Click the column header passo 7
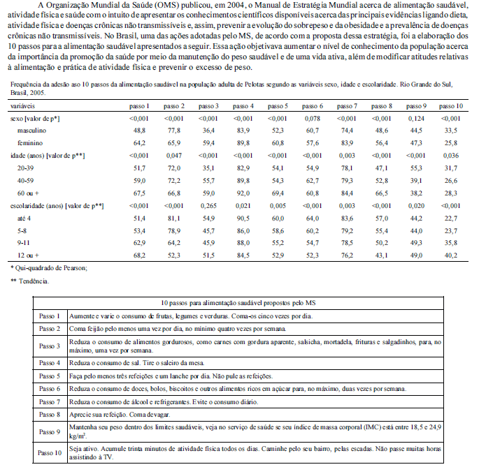346,105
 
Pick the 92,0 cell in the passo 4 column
243,193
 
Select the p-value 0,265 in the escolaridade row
209,206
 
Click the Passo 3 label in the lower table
50,346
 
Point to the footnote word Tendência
34,281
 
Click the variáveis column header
24,105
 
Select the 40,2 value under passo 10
450,255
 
